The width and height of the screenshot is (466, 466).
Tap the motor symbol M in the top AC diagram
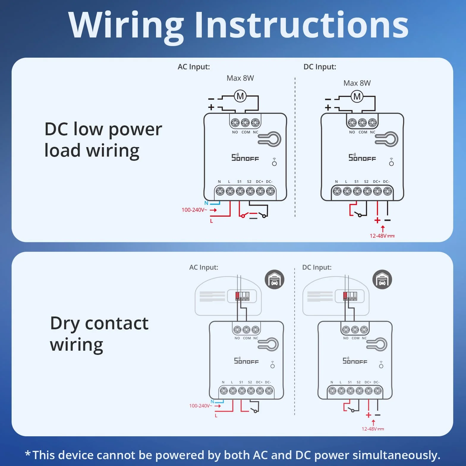pos(240,96)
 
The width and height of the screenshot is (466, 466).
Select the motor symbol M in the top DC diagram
pos(357,96)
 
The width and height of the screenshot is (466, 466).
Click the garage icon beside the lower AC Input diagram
pos(275,280)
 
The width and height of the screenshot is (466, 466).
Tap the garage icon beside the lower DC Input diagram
pos(382,280)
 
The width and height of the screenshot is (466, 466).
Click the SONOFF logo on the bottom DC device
pos(355,361)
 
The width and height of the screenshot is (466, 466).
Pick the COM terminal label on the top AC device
pos(246,132)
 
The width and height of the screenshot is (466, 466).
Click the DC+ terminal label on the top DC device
pos(377,182)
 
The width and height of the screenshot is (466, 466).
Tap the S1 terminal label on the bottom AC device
pos(241,382)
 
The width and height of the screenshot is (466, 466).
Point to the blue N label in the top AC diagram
pos(206,203)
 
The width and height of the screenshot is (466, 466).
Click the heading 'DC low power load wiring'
pos(103,140)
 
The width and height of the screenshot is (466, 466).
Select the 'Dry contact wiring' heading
pos(99,334)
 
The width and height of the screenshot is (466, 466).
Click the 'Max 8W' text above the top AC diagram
pos(240,78)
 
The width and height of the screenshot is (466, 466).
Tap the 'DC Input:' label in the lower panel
pos(317,267)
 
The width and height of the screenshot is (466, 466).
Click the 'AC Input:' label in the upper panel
pos(194,67)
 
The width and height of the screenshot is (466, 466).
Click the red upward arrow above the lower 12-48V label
pos(374,423)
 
